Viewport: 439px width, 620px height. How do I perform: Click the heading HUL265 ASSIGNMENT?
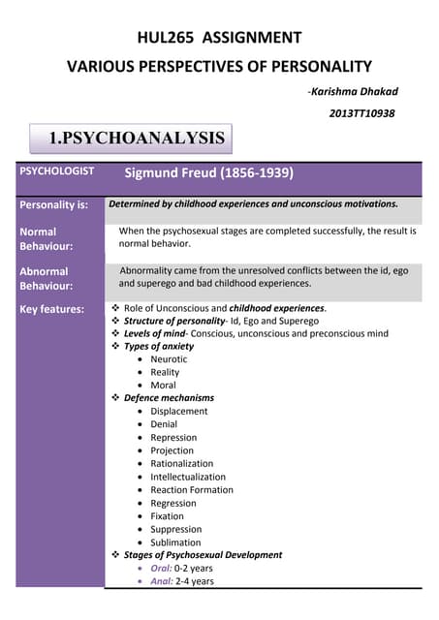tap(219, 38)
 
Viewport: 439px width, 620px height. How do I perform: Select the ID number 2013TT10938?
tap(362, 113)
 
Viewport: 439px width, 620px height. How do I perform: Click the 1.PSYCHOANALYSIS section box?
tap(137, 139)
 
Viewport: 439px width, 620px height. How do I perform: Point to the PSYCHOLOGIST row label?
tap(57, 171)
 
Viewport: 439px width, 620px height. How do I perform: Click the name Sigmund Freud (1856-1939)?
tap(209, 174)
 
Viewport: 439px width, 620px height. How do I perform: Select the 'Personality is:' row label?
tap(54, 205)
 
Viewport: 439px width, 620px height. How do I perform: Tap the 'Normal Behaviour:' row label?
tap(39, 238)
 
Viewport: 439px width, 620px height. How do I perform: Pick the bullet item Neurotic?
tap(169, 358)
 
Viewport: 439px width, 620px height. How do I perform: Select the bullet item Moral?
tap(163, 385)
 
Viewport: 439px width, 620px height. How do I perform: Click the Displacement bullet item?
tap(178, 411)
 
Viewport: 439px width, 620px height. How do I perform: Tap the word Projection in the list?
tap(172, 450)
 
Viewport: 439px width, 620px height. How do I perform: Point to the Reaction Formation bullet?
tap(191, 489)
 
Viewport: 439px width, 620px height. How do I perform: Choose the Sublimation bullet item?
tap(175, 542)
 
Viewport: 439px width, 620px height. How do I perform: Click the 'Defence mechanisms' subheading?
tap(169, 398)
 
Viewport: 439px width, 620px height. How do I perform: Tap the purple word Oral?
tap(161, 569)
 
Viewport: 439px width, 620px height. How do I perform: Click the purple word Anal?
tap(161, 581)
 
